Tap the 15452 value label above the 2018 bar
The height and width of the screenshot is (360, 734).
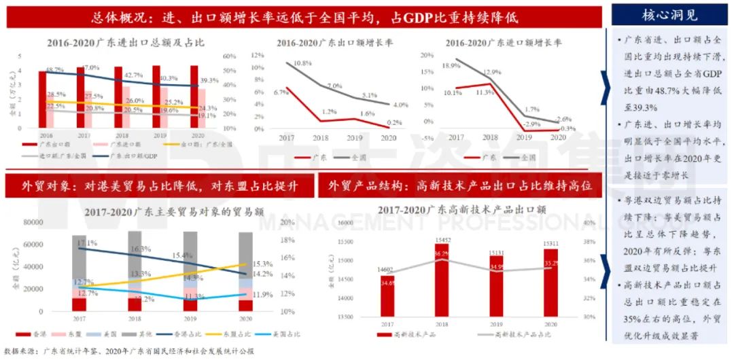tap(441, 240)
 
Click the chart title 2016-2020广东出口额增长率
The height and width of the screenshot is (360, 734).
tap(324, 43)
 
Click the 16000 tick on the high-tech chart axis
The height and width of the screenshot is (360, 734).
tap(347, 223)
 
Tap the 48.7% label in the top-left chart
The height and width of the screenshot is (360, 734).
tap(55, 70)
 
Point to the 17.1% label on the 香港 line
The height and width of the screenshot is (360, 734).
tap(86, 242)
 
